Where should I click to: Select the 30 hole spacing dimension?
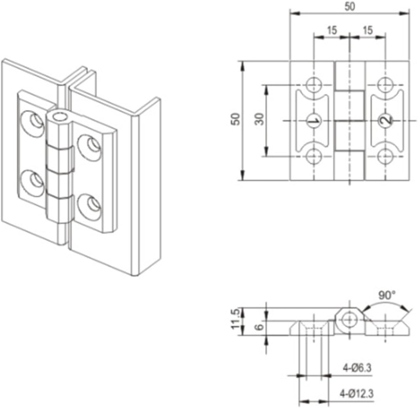pos(260,120)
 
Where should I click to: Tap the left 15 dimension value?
pos(332,30)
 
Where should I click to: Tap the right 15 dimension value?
pos(368,30)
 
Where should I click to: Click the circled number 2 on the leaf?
pos(386,121)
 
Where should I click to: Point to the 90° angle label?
pos(385,296)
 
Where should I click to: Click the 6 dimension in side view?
pos(259,327)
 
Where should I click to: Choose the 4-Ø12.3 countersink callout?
pos(357,394)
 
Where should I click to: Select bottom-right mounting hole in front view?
pos(386,157)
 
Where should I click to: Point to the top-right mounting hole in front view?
pos(386,84)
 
